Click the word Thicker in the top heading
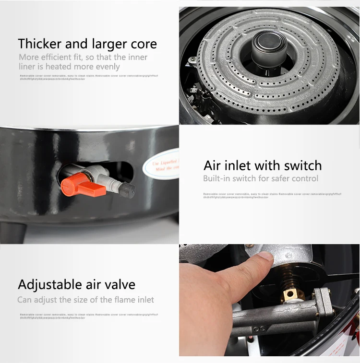click(x=40, y=44)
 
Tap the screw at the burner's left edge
click(x=192, y=59)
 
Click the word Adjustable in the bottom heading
click(x=46, y=284)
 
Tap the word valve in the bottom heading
click(x=120, y=284)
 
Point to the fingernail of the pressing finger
click(x=265, y=259)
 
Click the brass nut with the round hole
click(x=291, y=293)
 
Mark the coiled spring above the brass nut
click(x=288, y=276)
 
